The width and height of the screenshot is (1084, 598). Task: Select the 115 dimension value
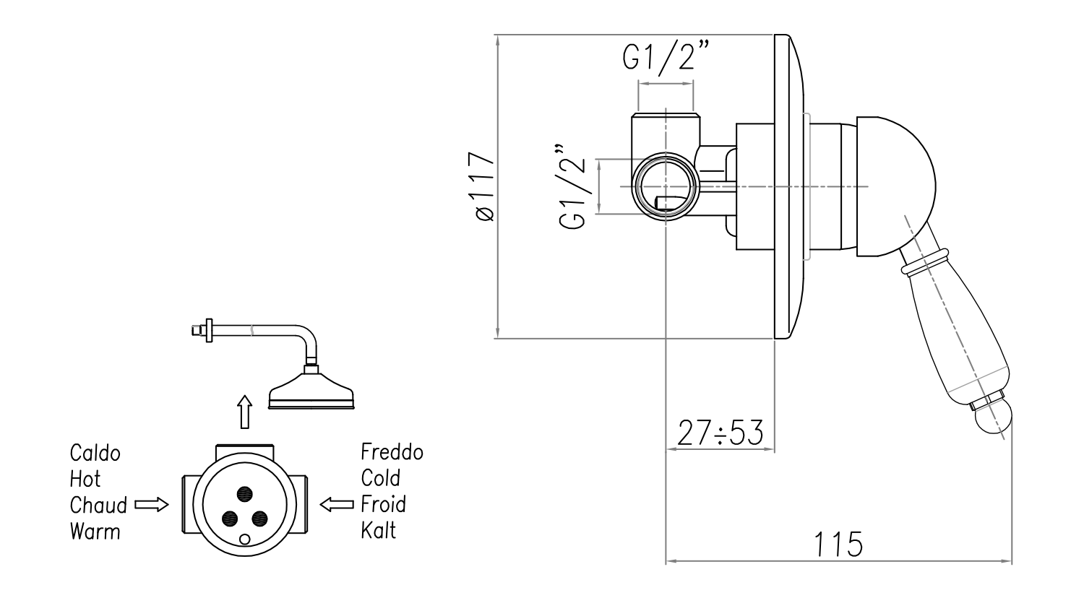pos(839,544)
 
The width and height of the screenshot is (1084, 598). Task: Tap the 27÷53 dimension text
pos(720,433)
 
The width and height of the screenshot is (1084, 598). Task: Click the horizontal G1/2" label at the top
pos(666,57)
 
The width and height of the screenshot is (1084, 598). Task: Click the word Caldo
pos(95,453)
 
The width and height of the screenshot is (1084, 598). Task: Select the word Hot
pos(85,479)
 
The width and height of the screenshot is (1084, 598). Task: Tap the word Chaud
pos(98,505)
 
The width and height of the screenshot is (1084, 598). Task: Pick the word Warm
pos(95,532)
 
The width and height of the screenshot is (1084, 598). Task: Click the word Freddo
pos(392,453)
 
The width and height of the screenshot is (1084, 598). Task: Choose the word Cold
pos(381,478)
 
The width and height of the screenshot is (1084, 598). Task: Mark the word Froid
pos(384,503)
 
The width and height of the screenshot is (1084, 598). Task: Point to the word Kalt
pos(379,530)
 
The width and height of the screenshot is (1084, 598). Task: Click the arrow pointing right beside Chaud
pos(152,505)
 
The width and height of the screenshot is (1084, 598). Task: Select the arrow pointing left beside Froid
pos(337,503)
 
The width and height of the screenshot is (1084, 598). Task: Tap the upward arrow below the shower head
pos(246,412)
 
